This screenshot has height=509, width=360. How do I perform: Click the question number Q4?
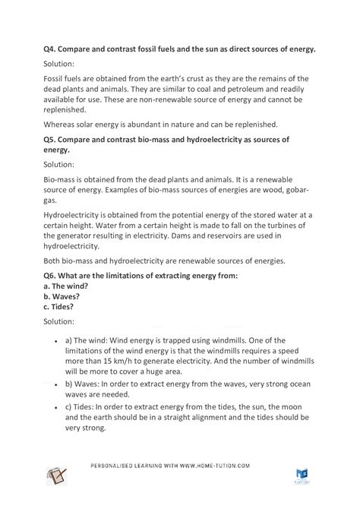pos(51,49)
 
